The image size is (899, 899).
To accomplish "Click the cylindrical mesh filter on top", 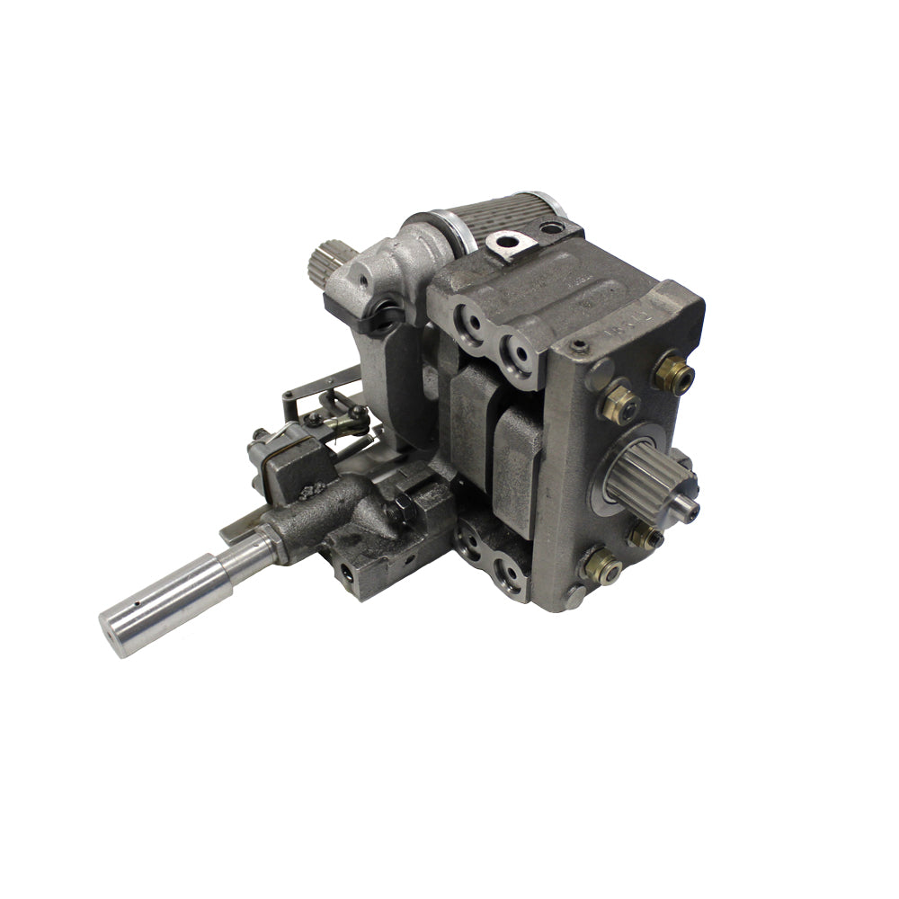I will (x=503, y=219).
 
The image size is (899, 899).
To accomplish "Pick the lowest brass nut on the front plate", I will (x=601, y=566).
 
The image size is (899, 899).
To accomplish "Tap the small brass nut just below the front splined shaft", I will (x=645, y=537).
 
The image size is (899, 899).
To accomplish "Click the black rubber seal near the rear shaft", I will (x=387, y=316).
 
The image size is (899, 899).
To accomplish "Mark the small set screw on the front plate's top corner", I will (x=580, y=346).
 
